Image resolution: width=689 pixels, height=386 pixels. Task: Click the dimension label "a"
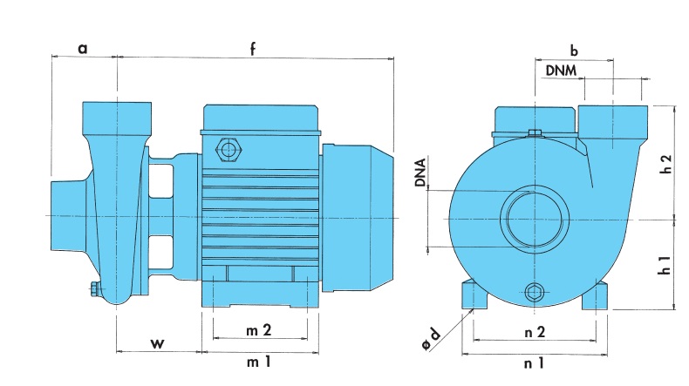tap(83, 49)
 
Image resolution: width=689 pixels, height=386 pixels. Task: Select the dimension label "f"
tap(252, 49)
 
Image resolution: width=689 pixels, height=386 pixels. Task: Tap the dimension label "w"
tap(157, 342)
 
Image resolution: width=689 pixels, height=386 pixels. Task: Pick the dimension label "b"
tap(574, 49)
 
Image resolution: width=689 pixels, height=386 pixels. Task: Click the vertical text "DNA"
tap(420, 173)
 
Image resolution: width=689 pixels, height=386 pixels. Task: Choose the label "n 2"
tap(535, 332)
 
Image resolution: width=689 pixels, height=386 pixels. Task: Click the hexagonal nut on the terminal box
tap(229, 149)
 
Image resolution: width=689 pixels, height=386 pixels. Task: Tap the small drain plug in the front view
tap(534, 292)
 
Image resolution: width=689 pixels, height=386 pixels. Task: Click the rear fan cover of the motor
tap(358, 218)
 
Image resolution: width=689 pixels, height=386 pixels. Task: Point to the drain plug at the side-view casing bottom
tap(93, 288)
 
